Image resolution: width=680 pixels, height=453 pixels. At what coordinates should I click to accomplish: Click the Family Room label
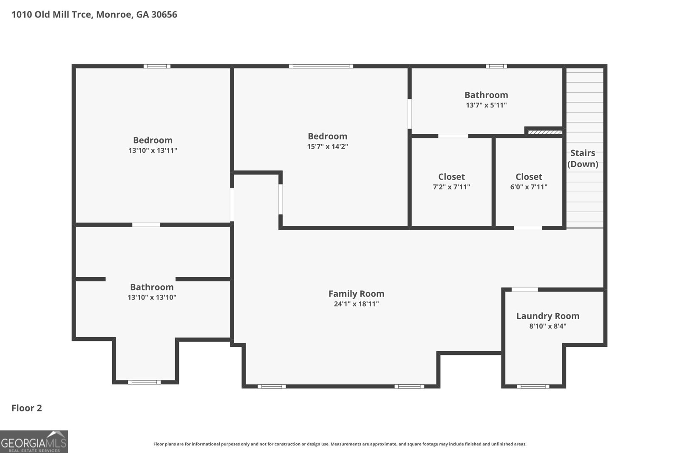point(357,293)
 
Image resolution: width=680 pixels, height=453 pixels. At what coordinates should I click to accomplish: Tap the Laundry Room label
point(548,316)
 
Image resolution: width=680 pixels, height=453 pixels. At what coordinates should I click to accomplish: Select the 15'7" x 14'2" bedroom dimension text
point(328,146)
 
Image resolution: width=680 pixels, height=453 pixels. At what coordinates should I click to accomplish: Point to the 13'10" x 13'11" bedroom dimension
point(153,150)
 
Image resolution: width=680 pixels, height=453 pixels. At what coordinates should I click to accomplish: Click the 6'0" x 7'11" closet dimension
point(529,187)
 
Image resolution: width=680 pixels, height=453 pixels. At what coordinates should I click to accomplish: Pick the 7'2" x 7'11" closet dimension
point(451,187)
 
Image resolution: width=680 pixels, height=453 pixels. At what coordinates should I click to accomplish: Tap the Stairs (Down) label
point(583,158)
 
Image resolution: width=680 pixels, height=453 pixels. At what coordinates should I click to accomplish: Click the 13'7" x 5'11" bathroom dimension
point(486,105)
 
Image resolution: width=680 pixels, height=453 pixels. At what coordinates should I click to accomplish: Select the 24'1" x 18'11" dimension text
point(357,304)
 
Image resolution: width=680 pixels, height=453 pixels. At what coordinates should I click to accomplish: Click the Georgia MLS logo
point(34,442)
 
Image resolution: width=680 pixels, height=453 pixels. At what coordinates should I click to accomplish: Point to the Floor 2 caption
point(27,408)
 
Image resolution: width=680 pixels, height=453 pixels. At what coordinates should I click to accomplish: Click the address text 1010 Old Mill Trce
point(52,14)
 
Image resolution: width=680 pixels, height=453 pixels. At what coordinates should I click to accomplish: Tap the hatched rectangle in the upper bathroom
point(545,132)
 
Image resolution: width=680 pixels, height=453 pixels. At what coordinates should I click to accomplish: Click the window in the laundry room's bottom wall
point(533,386)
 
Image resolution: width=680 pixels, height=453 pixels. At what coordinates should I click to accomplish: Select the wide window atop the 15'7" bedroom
point(321,66)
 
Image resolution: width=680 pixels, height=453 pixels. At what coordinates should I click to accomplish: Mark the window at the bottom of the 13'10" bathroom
point(144,382)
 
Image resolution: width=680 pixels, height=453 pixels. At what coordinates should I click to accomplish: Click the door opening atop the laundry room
point(525,290)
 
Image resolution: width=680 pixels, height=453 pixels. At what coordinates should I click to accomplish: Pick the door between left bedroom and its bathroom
point(146,225)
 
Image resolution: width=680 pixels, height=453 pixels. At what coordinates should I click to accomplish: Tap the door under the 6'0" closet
point(528,228)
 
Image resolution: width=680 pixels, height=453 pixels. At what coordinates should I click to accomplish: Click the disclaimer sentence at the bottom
point(340,444)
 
